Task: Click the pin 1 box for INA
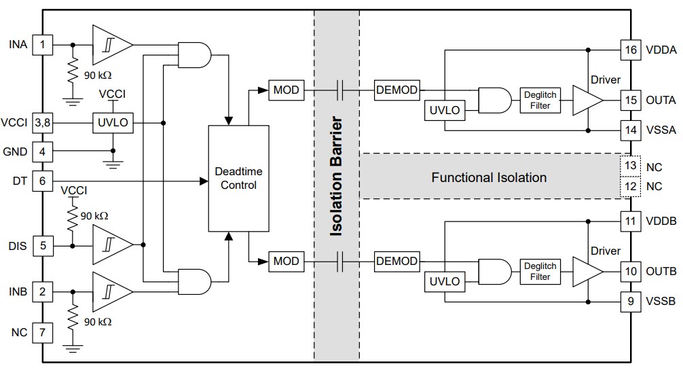[x=43, y=46]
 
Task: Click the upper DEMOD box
[x=396, y=89]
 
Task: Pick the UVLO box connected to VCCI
[x=113, y=123]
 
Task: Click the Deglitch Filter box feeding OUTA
[x=540, y=100]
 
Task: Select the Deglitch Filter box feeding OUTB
[x=540, y=271]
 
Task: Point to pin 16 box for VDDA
[x=630, y=49]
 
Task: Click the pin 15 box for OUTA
[x=630, y=101]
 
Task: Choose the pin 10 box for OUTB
[x=630, y=272]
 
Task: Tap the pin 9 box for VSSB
[x=630, y=300]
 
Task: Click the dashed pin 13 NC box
[x=630, y=165]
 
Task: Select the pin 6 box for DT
[x=43, y=181]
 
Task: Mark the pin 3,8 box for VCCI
[x=43, y=123]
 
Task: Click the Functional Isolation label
[x=489, y=178]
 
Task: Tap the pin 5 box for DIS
[x=43, y=245]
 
